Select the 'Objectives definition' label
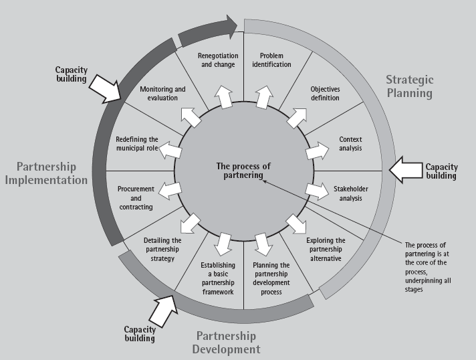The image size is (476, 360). pyautogui.click(x=326, y=93)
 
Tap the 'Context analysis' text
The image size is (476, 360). pyautogui.click(x=350, y=143)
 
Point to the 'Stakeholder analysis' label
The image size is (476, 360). pyautogui.click(x=351, y=193)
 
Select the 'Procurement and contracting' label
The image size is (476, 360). pyautogui.click(x=135, y=198)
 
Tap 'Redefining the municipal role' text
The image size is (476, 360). pyautogui.click(x=137, y=143)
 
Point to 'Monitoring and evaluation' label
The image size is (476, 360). pyautogui.click(x=162, y=93)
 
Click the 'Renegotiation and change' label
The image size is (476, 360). pyautogui.click(x=216, y=60)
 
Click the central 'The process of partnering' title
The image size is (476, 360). pyautogui.click(x=238, y=171)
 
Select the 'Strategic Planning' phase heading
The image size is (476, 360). pyautogui.click(x=409, y=86)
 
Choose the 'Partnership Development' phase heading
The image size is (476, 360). pyautogui.click(x=226, y=342)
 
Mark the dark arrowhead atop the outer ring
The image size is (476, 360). pyautogui.click(x=230, y=25)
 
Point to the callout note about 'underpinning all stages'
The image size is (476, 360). pyautogui.click(x=431, y=266)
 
